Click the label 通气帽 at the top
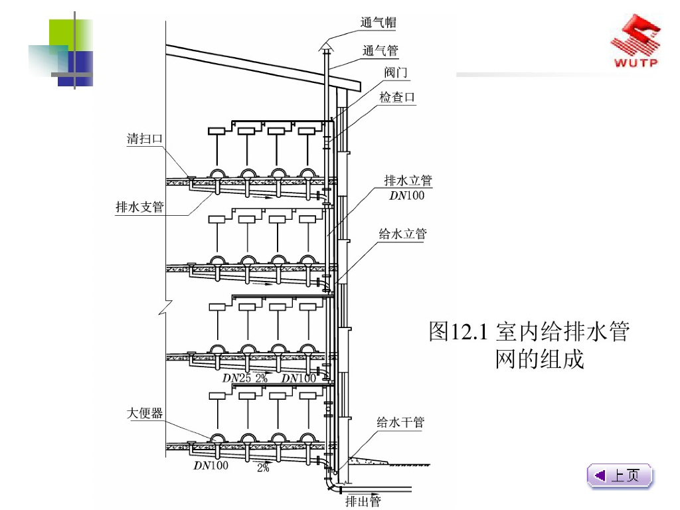click(x=379, y=23)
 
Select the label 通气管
click(x=381, y=50)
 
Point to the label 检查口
click(x=397, y=97)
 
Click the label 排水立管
click(x=408, y=181)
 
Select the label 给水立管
click(x=403, y=234)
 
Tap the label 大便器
click(x=145, y=414)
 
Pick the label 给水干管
click(x=400, y=422)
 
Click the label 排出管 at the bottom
click(x=363, y=501)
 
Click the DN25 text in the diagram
click(x=236, y=378)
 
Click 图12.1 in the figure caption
click(x=459, y=331)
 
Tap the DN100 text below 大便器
click(x=211, y=466)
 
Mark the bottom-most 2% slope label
click(x=263, y=467)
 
